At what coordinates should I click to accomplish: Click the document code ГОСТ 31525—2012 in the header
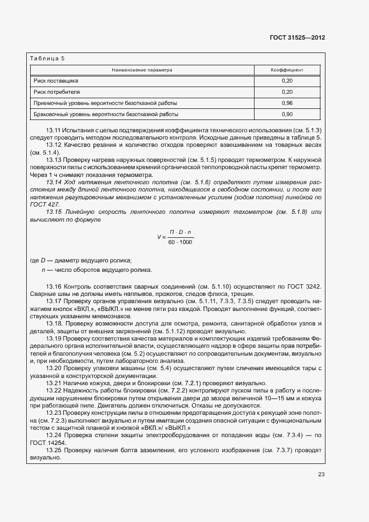(x=298, y=37)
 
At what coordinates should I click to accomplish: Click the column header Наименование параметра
(x=142, y=70)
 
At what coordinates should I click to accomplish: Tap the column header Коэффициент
(x=287, y=70)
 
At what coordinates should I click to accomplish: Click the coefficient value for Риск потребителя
(x=287, y=92)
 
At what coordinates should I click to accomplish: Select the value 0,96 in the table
(x=287, y=103)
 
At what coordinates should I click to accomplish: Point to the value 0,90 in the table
(x=287, y=114)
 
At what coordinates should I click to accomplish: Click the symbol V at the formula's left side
(x=159, y=237)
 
